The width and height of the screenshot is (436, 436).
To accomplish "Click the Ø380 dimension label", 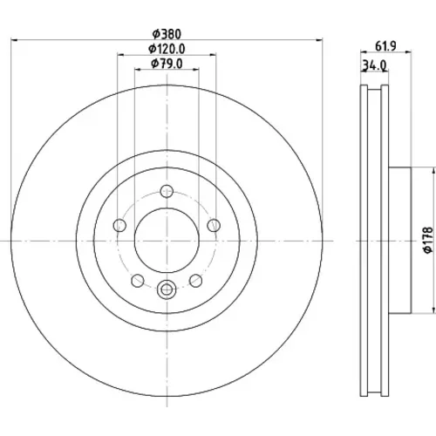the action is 167,34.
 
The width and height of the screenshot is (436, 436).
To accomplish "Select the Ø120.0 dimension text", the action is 167,49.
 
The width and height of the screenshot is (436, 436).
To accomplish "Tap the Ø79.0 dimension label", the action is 167,64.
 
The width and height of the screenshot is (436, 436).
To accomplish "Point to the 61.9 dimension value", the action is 385,46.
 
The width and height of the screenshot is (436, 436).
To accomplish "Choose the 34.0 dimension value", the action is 375,66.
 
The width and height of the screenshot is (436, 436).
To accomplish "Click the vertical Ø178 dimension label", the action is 428,241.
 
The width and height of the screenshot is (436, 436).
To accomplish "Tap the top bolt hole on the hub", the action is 167,191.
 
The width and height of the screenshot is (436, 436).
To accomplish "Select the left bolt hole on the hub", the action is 119,225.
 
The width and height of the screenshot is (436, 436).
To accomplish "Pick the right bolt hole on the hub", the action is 214,225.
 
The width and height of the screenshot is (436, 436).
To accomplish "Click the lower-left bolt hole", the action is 138,281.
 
